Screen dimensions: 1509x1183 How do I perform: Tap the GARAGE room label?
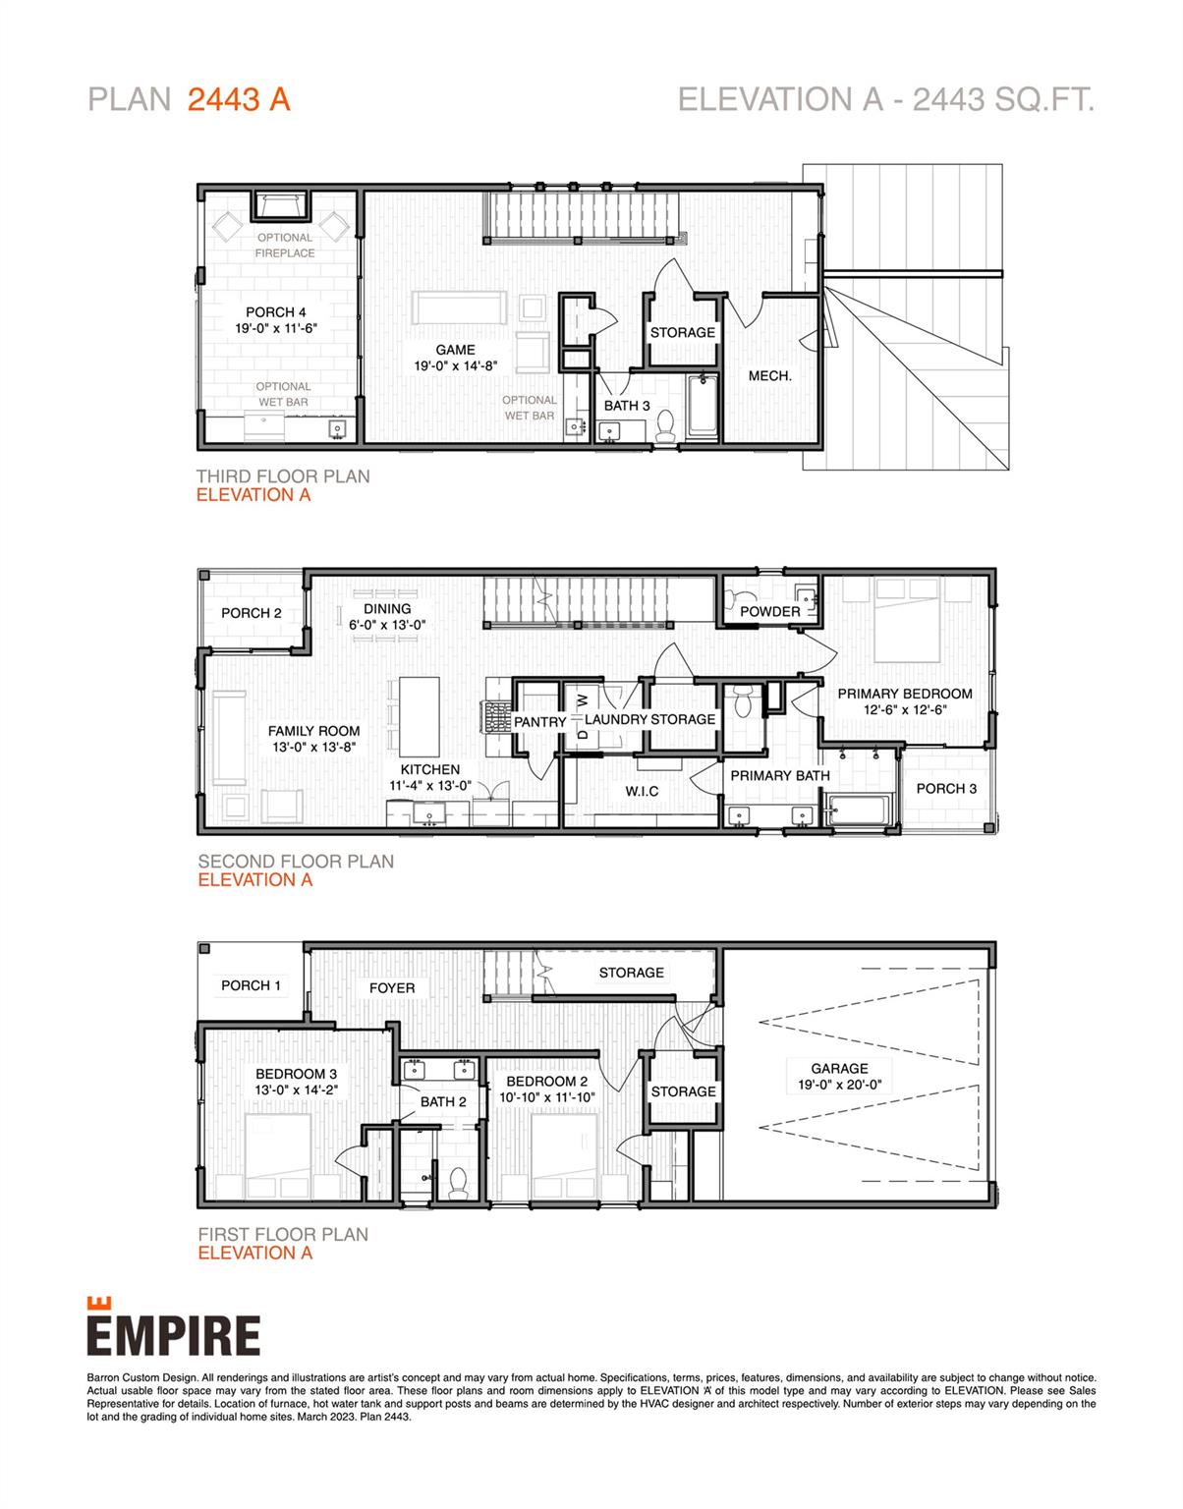839,1069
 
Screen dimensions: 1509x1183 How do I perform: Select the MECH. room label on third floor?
769,375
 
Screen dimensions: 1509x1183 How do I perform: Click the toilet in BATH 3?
664,425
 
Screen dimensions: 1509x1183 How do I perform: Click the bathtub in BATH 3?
703,406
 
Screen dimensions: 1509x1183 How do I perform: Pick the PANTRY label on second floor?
539,722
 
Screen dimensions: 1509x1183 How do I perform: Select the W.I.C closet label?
642,791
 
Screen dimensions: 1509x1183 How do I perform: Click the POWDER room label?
769,611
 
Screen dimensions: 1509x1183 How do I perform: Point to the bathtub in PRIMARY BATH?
858,810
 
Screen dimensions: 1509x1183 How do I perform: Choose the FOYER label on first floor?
392,987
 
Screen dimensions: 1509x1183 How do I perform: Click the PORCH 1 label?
251,985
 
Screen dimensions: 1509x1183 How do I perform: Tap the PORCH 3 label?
946,788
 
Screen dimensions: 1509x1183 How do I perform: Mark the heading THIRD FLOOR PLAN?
283,476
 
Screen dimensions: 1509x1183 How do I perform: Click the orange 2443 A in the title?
239,99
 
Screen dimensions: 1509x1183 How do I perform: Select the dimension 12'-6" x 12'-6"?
904,709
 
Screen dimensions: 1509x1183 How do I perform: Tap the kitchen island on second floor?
414,712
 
